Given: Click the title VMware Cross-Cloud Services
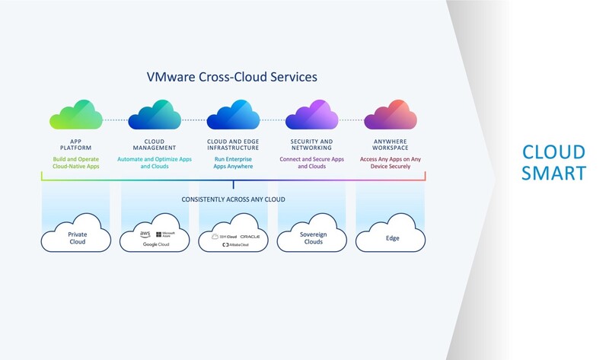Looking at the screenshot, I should (231, 77).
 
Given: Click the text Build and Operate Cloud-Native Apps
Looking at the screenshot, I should (76, 162).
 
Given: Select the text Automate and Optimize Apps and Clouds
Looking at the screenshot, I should (155, 162).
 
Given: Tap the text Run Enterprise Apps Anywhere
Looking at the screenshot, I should (233, 162).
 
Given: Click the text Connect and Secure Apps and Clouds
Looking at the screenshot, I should (311, 162).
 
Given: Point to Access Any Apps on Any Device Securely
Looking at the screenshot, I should (390, 162).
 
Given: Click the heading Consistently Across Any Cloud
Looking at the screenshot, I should (233, 199).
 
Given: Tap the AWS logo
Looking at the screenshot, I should (145, 234).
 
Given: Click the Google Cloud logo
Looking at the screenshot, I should (155, 244).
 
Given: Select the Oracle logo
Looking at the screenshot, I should (249, 237).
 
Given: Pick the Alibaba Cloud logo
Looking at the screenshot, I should (234, 245).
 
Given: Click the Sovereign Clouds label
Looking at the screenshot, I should (311, 238).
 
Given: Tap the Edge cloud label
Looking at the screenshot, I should (390, 238).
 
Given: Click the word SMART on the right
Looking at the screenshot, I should (553, 174).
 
